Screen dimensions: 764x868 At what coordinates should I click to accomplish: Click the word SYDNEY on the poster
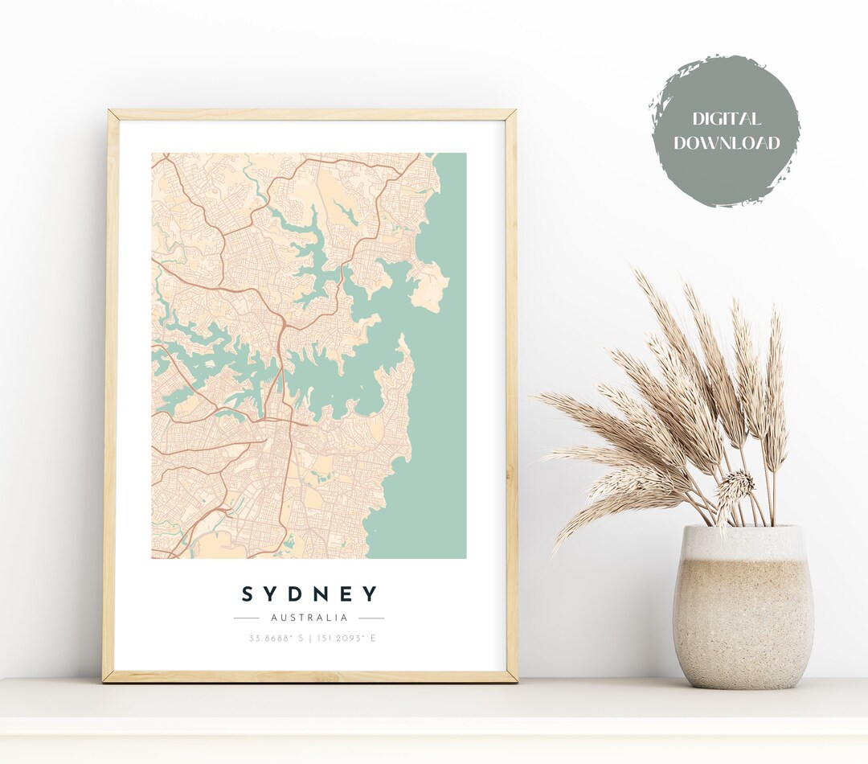point(309,594)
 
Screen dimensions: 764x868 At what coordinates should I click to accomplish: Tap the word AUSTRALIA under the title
point(309,618)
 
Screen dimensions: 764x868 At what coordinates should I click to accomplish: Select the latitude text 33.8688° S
point(274,639)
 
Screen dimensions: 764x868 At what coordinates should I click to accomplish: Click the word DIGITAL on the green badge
point(726,120)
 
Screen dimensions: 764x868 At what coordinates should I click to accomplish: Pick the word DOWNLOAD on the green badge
point(727,144)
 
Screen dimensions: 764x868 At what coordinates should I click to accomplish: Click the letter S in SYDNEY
point(249,594)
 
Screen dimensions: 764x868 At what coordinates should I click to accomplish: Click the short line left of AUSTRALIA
point(246,618)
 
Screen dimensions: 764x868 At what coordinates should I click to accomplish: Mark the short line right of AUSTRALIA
point(371,618)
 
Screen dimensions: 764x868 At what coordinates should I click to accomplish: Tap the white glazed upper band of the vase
point(743,544)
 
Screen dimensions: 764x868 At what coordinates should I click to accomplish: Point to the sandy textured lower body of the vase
point(743,627)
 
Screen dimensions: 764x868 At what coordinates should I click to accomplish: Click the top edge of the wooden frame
point(310,115)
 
